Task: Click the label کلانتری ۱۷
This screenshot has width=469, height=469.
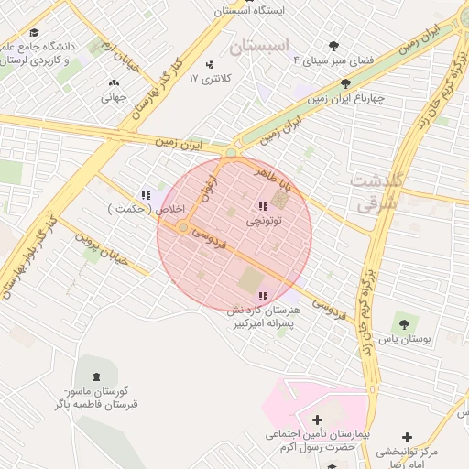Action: point(206,80)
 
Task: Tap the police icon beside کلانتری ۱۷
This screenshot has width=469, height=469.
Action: point(211,64)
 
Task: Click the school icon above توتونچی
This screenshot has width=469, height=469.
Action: point(264,206)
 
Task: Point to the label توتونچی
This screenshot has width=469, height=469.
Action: point(264,221)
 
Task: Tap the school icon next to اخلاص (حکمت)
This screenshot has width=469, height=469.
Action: point(146,194)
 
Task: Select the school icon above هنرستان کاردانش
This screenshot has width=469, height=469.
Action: point(264,296)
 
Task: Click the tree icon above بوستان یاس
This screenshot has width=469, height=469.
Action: point(403,322)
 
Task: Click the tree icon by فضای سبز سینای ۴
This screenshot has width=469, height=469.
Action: point(333,46)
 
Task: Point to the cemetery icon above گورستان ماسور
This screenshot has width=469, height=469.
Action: point(97,376)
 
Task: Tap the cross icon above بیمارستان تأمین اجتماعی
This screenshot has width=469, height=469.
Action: point(318,420)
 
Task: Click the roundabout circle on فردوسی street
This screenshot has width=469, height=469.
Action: point(184,226)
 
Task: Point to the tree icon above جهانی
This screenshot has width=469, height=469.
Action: point(116,81)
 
